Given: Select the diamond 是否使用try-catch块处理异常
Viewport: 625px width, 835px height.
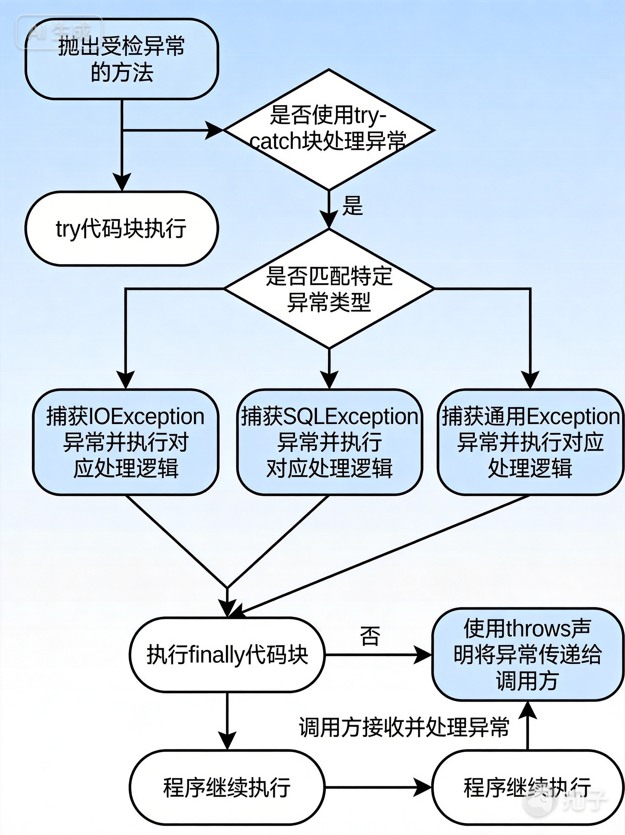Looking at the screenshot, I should [x=328, y=129].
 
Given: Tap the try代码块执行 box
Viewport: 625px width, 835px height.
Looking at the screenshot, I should [x=122, y=228].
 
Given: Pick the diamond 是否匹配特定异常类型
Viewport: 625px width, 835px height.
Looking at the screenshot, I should [x=328, y=289].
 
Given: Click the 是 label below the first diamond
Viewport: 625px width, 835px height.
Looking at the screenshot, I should [x=352, y=206].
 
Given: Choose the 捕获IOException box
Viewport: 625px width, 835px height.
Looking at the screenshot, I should [x=125, y=442].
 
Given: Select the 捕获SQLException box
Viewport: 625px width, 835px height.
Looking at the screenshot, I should [x=329, y=442].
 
